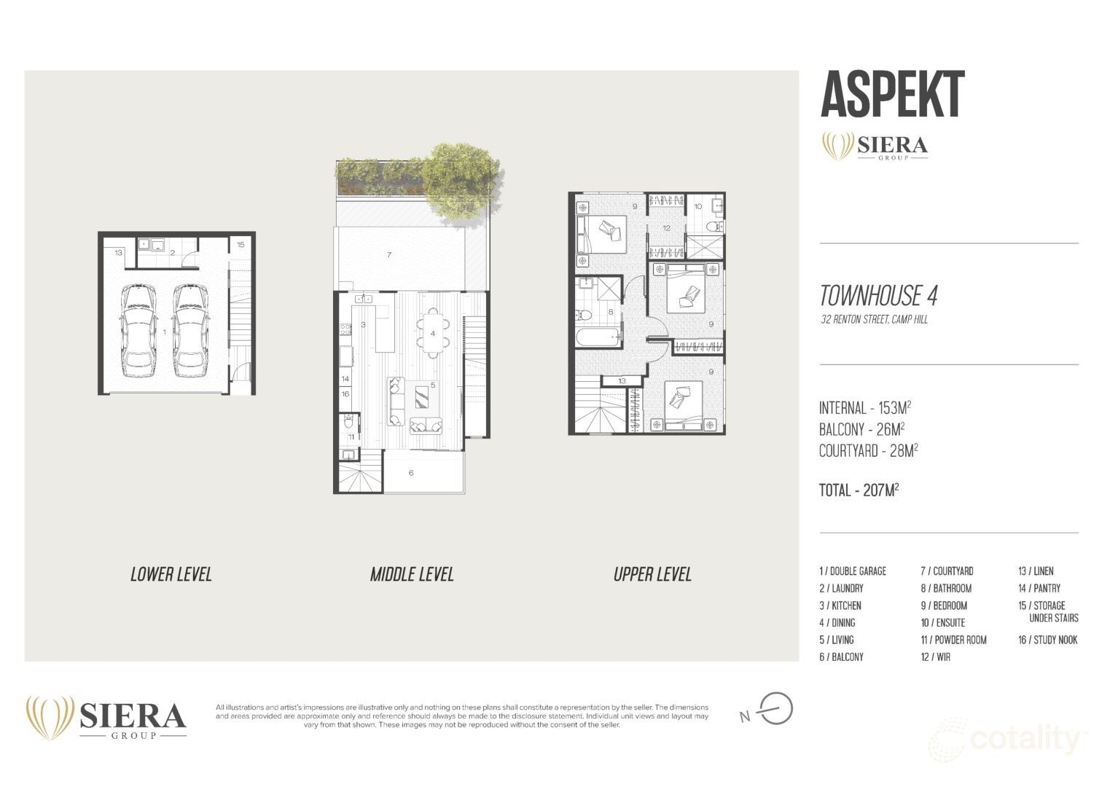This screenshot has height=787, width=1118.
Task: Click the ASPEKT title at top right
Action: click(x=892, y=94)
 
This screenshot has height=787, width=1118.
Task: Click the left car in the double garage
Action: click(x=139, y=330)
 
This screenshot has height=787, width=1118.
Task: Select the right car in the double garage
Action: click(x=190, y=330)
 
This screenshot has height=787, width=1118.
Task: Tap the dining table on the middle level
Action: click(x=433, y=333)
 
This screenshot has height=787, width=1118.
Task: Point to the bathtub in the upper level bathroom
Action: click(x=597, y=337)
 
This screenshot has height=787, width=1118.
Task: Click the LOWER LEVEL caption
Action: click(x=171, y=574)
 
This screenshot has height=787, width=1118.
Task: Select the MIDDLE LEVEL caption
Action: click(x=412, y=574)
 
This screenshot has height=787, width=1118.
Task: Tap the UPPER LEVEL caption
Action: click(x=652, y=574)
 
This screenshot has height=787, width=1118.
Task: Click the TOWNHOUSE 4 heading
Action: click(x=878, y=296)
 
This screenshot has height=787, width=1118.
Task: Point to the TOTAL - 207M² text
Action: click(x=859, y=490)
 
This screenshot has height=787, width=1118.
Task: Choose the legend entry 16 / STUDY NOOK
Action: click(x=1047, y=640)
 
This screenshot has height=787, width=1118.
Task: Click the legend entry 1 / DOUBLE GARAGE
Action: click(x=852, y=571)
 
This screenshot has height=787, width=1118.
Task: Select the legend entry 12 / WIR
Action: click(x=935, y=657)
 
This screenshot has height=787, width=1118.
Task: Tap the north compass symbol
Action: click(x=775, y=709)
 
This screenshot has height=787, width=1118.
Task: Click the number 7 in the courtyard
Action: click(x=390, y=255)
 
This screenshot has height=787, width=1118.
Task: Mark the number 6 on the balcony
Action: click(x=411, y=473)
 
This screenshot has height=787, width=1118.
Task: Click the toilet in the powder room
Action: click(x=349, y=422)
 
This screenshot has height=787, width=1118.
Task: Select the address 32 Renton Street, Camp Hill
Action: click(x=874, y=319)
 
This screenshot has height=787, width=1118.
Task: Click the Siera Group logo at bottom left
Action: click(x=106, y=718)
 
